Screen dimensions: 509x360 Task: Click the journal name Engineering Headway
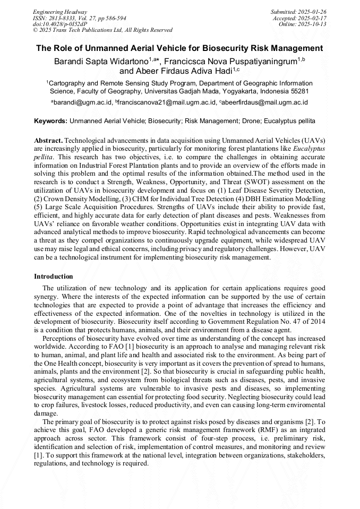[x=60, y=12]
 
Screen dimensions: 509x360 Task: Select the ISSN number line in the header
[x=79, y=18]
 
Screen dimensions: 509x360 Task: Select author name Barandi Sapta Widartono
[x=101, y=61]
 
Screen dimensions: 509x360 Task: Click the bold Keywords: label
[x=50, y=121]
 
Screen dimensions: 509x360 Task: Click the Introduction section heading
[x=54, y=277]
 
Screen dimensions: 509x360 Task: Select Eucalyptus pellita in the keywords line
[x=293, y=121]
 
